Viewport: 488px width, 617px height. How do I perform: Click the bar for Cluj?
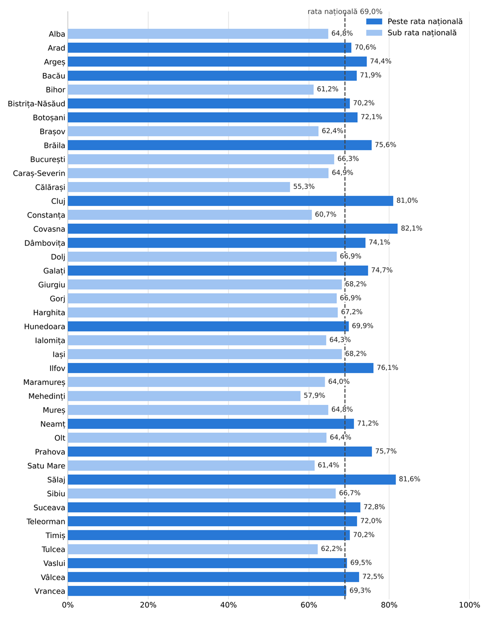[x=230, y=200]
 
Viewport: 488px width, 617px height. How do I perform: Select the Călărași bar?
[x=179, y=187]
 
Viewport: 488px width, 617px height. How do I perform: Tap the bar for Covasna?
[x=232, y=229]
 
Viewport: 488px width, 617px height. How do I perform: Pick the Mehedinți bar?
[x=184, y=396]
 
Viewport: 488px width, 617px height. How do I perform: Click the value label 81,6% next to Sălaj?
[x=410, y=479]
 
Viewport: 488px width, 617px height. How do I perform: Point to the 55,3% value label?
[x=304, y=187]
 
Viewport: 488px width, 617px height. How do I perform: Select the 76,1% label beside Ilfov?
[x=387, y=367]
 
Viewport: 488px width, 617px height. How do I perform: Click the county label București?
[x=48, y=160]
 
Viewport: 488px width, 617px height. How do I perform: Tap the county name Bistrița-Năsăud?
[x=36, y=104]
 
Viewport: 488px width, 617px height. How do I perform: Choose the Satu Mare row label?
[x=46, y=466]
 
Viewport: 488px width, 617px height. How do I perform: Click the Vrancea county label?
[x=50, y=591]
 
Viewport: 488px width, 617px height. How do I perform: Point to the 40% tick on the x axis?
[x=228, y=605]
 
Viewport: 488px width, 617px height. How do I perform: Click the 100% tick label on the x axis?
[x=470, y=605]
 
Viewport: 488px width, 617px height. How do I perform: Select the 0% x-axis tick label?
[x=68, y=605]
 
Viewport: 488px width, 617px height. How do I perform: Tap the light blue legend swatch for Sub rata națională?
[x=374, y=33]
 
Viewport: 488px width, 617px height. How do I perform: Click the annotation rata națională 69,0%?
[x=345, y=12]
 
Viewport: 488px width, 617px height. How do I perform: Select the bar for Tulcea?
[x=193, y=549]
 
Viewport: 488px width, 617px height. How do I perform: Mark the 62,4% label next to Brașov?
[x=332, y=131]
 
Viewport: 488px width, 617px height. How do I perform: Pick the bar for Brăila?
[x=220, y=145]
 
